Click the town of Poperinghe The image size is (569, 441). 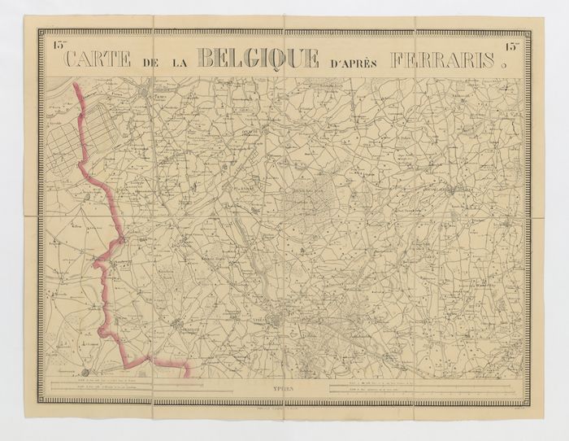[179, 322]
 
